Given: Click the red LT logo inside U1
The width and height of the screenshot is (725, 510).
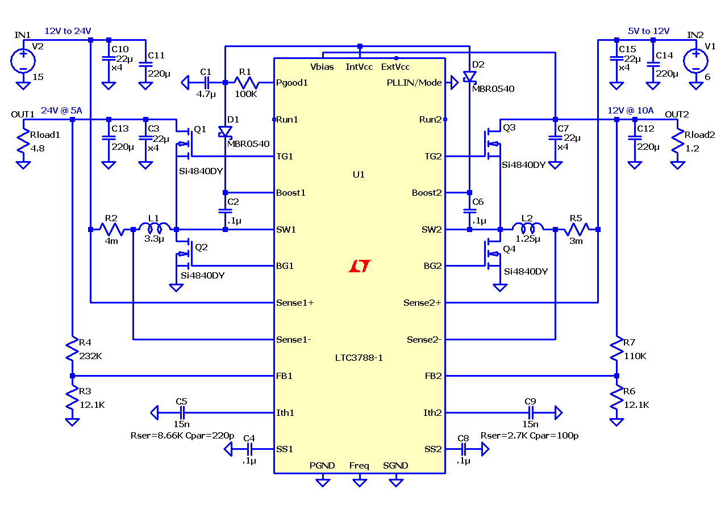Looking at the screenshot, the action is [x=360, y=266].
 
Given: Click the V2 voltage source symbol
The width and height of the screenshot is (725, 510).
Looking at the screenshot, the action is [x=23, y=61].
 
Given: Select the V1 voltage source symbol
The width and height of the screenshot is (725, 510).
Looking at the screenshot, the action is [x=695, y=61].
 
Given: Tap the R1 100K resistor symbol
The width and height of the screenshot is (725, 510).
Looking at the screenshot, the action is [x=246, y=83].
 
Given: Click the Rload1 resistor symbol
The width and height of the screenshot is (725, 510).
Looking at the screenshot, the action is [x=23, y=141].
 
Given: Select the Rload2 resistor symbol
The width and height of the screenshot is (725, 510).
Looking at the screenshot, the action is [x=678, y=141].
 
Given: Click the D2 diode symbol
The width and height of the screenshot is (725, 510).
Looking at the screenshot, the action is [x=469, y=77].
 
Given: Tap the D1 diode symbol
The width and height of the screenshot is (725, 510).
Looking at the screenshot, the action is [x=225, y=132].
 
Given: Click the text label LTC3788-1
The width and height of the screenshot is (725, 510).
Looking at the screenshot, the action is [x=359, y=358].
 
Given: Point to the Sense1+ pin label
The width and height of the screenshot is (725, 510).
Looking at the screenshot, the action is [x=295, y=303].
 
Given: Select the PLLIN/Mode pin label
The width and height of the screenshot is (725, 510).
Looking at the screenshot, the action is [x=414, y=83].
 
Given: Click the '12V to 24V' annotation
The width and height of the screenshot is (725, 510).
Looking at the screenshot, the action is [x=68, y=31].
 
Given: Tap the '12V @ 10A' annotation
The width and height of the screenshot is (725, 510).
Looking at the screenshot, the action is [x=630, y=111].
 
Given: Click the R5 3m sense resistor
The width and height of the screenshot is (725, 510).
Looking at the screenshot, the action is [x=577, y=229].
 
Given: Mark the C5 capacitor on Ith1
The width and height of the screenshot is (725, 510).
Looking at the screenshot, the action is [x=182, y=413].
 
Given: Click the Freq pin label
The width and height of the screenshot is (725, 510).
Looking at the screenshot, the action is [x=359, y=466].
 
